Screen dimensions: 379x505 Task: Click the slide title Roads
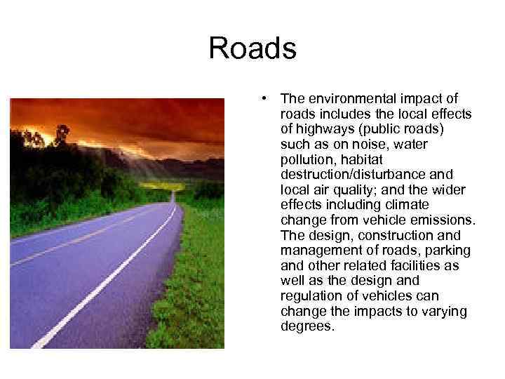[252, 49]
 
